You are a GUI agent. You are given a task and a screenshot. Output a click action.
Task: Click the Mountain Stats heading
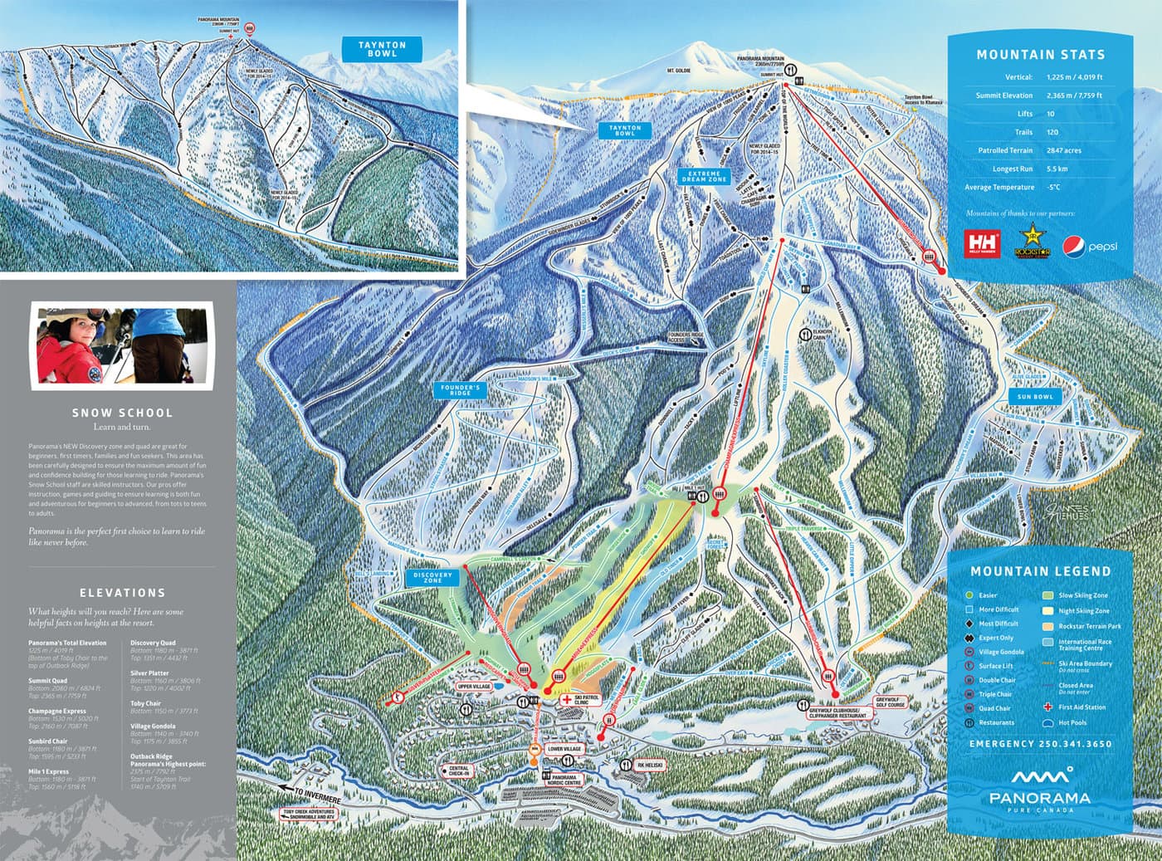(1040, 55)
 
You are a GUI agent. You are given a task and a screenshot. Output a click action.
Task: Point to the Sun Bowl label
(1035, 397)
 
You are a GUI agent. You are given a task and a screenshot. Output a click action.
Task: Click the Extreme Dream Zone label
(705, 175)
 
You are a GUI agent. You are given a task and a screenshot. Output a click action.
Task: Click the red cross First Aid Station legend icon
(1048, 707)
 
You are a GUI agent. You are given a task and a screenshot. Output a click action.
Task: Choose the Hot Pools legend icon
(1048, 722)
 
